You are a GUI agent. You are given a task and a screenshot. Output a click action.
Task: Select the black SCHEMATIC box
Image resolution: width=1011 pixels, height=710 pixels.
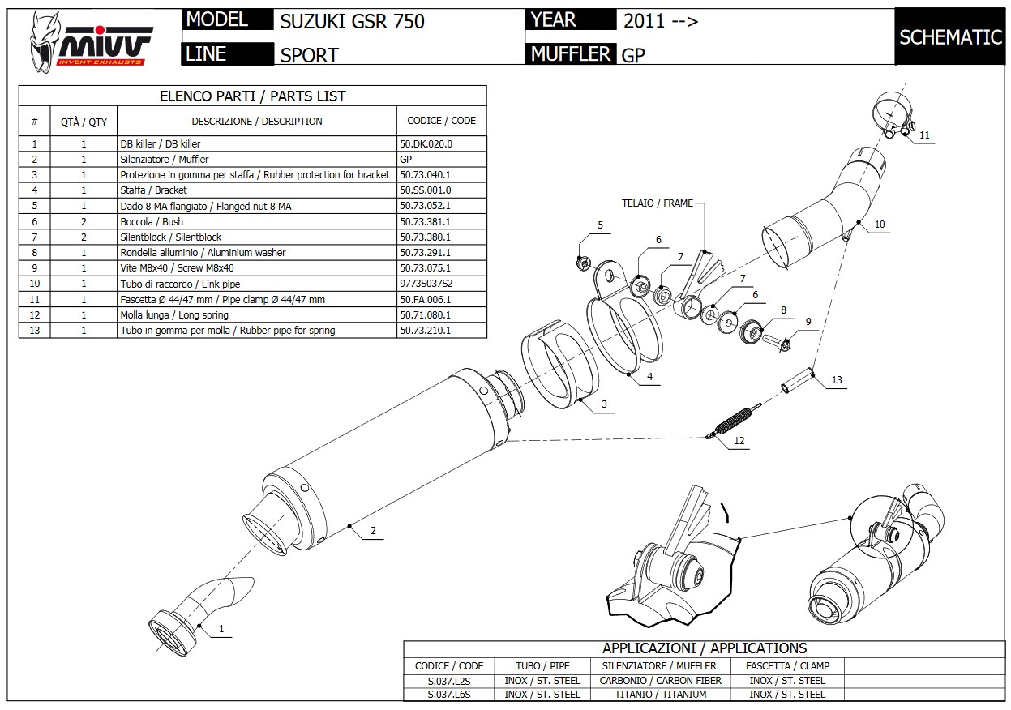(951, 37)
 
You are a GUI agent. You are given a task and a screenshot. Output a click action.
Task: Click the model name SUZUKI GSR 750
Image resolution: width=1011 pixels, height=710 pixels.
(352, 21)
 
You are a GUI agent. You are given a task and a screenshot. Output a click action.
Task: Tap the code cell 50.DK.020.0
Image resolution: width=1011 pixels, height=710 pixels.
(426, 143)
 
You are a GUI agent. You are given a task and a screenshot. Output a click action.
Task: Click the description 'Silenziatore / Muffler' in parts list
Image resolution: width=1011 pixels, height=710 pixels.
(165, 159)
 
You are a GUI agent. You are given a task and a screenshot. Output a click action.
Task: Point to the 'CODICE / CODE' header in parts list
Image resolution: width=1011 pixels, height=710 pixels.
(441, 121)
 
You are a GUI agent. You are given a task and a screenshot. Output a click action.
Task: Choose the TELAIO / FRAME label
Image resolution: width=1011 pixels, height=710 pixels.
(658, 203)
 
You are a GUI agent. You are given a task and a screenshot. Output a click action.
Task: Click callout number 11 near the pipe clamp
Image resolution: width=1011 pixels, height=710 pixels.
(924, 135)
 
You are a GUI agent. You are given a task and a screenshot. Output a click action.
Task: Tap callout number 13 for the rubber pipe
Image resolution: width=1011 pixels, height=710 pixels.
(837, 379)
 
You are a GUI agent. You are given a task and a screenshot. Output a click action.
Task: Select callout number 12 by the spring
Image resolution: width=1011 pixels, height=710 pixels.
(739, 441)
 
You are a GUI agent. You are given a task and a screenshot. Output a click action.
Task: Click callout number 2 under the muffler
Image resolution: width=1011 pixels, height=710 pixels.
(373, 531)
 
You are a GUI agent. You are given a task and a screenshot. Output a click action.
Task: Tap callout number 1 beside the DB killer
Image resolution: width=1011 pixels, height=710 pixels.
(221, 627)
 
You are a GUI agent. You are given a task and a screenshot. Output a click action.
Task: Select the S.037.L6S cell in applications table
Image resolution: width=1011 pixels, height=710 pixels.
(449, 694)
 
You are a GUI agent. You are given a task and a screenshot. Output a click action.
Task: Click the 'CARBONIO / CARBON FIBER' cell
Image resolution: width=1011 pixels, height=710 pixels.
(660, 680)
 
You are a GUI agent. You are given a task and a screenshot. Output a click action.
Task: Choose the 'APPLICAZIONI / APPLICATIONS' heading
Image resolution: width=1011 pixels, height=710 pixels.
(704, 648)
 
